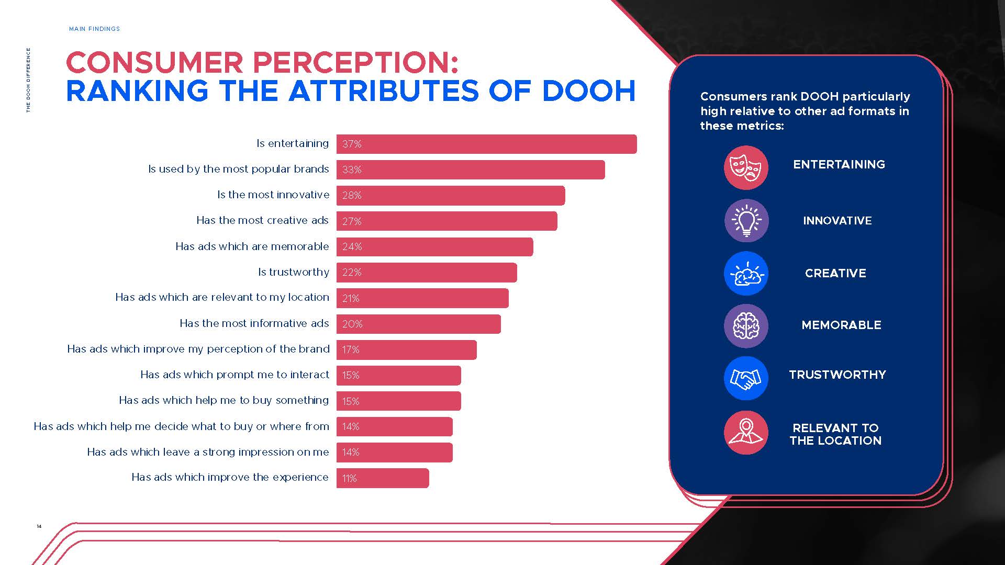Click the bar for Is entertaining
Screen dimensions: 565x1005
486,144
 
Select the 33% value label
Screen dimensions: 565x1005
352,169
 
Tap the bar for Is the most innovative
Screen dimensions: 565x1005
451,195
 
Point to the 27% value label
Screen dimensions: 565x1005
352,221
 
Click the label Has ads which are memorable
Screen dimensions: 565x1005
252,246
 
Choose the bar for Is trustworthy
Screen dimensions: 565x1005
427,273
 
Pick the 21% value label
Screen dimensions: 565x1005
351,298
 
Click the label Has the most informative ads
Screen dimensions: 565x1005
254,323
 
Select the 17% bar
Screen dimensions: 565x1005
406,349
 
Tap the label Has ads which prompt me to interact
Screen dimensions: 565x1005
234,375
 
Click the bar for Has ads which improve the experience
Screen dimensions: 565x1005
383,478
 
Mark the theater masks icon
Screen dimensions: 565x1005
746,167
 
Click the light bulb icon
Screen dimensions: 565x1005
746,221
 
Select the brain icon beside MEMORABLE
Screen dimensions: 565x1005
746,326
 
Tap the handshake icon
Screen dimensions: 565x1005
746,378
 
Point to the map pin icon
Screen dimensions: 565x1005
746,432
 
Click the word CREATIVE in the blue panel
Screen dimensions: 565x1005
835,273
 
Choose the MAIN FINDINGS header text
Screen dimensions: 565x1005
94,29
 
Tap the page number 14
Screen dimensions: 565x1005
39,526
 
